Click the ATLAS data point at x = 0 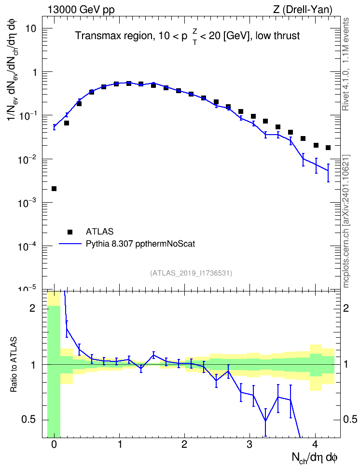(54, 189)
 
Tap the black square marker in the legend (70, 232)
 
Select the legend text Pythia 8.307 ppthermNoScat (140, 244)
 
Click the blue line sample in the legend (70, 244)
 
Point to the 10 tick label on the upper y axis (30, 29)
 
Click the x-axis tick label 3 (249, 444)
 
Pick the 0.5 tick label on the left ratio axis (28, 420)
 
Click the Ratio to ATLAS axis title (14, 365)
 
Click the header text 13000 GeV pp (81, 10)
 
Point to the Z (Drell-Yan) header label (303, 10)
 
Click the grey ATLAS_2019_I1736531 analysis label (191, 273)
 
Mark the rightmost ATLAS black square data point (328, 148)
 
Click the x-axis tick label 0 (54, 444)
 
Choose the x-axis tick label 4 (315, 444)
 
